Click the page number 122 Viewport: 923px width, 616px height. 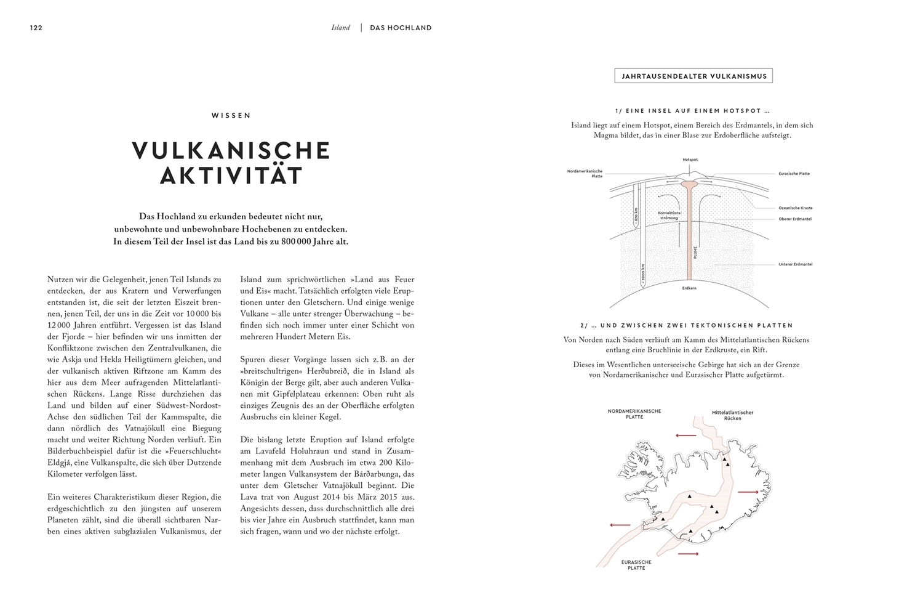[x=36, y=28]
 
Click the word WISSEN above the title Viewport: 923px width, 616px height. [x=231, y=115]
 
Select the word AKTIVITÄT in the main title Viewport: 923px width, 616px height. [x=231, y=176]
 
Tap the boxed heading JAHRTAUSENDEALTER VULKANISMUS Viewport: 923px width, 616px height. [x=693, y=76]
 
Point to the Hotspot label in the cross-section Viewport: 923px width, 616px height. [x=690, y=160]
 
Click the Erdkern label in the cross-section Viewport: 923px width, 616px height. [x=689, y=288]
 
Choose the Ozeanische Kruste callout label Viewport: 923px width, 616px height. [x=795, y=208]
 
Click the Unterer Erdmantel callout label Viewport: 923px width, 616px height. [x=795, y=264]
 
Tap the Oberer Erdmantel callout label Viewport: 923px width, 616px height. [x=795, y=219]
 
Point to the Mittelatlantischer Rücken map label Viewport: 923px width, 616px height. [x=732, y=415]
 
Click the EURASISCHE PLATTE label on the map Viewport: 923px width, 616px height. [x=636, y=565]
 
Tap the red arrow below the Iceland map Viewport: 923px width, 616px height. [x=689, y=554]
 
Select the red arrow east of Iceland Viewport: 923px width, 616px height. [x=748, y=492]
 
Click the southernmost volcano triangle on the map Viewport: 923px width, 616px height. [x=691, y=531]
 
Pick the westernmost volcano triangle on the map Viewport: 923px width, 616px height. [x=663, y=519]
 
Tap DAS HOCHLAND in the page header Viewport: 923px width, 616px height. [x=401, y=28]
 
